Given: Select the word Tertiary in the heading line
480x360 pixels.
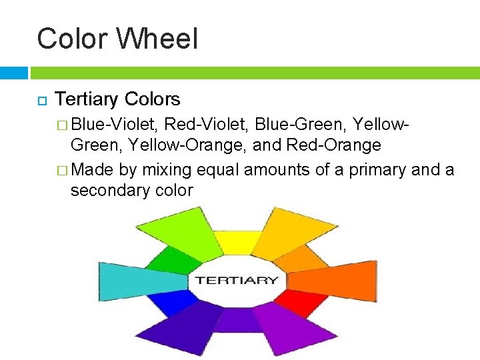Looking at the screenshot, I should coord(87,99).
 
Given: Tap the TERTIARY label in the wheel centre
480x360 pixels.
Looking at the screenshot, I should coord(237,280).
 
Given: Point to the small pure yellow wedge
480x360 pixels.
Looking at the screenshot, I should coord(237,243).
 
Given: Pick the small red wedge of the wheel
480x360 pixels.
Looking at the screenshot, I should coord(293,303).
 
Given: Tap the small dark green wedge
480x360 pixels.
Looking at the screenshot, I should coord(165,260).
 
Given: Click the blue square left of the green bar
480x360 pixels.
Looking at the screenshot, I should coord(14,72).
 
